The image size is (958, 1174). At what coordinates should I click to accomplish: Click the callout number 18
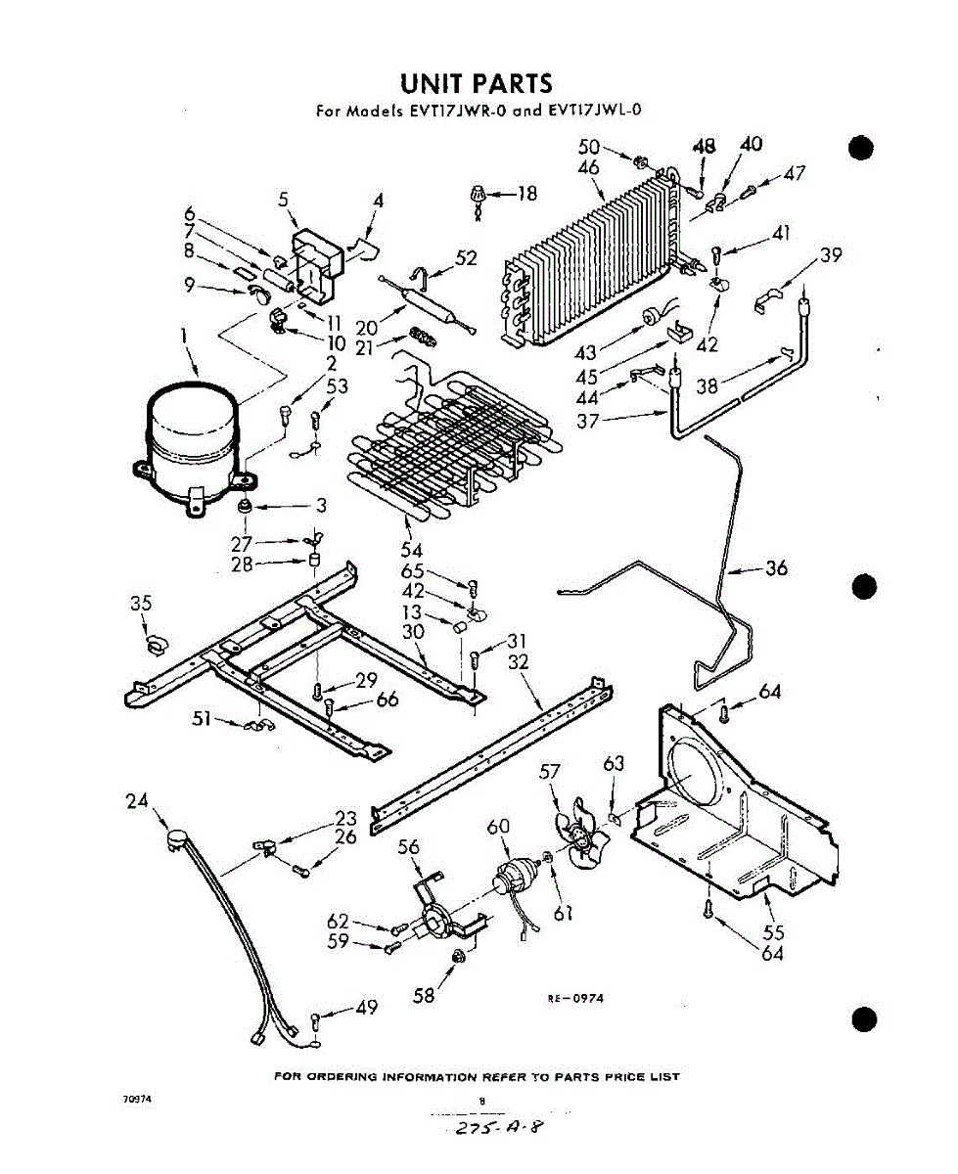(526, 194)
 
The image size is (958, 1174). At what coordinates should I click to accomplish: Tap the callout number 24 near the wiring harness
(136, 801)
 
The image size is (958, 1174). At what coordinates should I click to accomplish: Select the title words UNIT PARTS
(477, 83)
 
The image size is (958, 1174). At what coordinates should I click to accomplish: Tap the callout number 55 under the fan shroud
(773, 931)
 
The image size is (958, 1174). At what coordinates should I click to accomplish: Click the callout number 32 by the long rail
(518, 662)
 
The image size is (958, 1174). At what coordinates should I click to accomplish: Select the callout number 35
(141, 604)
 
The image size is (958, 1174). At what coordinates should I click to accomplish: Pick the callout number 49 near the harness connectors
(366, 1007)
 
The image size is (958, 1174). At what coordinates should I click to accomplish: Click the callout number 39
(831, 255)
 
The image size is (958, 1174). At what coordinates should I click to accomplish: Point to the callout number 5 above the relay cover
(284, 200)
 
